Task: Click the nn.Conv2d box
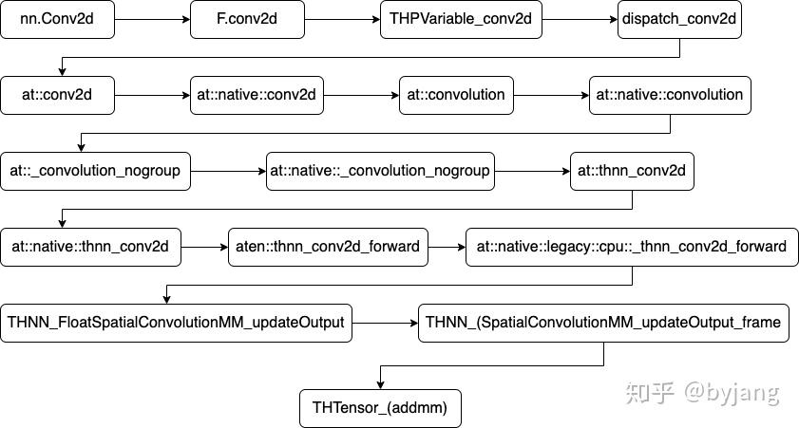point(57,20)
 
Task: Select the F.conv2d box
point(247,20)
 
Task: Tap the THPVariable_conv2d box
point(461,20)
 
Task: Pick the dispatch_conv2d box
point(679,20)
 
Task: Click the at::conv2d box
point(57,95)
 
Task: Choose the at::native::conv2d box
point(257,95)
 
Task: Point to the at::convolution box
point(456,95)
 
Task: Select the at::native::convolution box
point(670,95)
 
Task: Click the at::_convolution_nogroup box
point(96,171)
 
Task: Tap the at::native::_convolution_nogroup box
point(380,171)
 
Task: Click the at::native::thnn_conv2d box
point(90,247)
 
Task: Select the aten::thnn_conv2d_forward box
point(328,247)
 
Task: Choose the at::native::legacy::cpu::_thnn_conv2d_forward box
point(632,247)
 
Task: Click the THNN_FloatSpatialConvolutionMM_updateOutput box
point(176,323)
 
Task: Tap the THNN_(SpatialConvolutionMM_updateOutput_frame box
point(603,323)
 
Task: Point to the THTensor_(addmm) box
point(380,408)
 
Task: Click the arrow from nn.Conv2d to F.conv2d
point(152,20)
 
